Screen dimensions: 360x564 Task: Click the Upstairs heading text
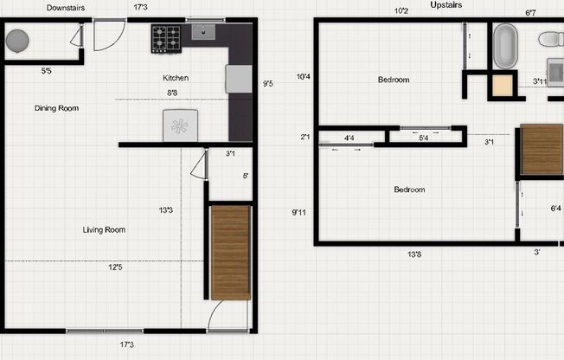pos(445,5)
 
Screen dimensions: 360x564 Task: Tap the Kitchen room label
pos(176,78)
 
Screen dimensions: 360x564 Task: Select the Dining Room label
pos(56,108)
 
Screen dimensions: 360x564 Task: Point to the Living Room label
pos(104,229)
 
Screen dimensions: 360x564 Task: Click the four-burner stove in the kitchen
pos(166,37)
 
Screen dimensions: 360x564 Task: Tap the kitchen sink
pos(204,33)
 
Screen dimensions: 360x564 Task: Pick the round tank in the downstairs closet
pos(17,40)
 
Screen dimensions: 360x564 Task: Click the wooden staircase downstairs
pos(230,252)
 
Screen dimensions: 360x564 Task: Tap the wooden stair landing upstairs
pos(542,150)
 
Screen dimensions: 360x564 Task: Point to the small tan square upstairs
pos(502,86)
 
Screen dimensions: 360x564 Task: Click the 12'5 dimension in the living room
pos(115,267)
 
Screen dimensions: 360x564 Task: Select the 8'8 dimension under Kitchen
pos(172,93)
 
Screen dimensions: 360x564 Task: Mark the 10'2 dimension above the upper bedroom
pos(401,11)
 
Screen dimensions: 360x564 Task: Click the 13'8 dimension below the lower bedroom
pos(414,254)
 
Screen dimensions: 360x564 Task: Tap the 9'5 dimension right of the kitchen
pos(267,84)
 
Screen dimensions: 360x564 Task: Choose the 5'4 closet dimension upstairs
pos(424,138)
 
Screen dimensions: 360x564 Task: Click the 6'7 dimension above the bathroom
pos(531,13)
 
